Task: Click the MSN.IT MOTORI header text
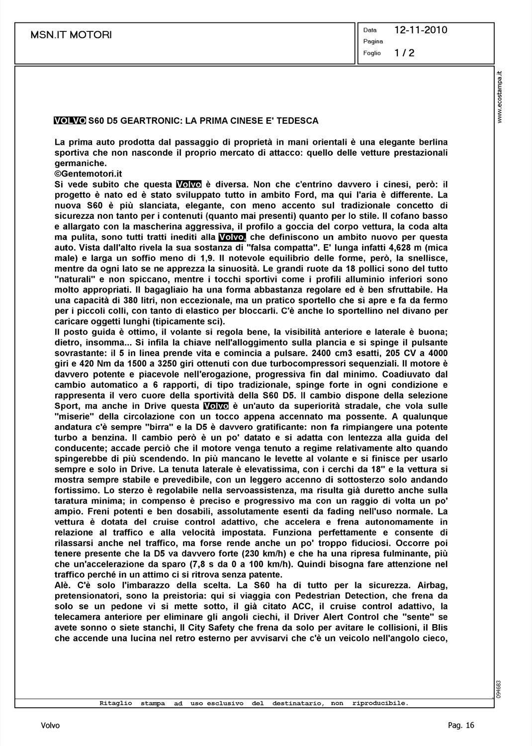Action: (x=71, y=35)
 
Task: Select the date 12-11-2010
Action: (x=421, y=30)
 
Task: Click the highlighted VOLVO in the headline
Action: (x=70, y=121)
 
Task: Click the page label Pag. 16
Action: (x=461, y=726)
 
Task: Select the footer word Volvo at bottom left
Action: (x=50, y=726)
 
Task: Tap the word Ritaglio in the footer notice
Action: (x=116, y=703)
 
